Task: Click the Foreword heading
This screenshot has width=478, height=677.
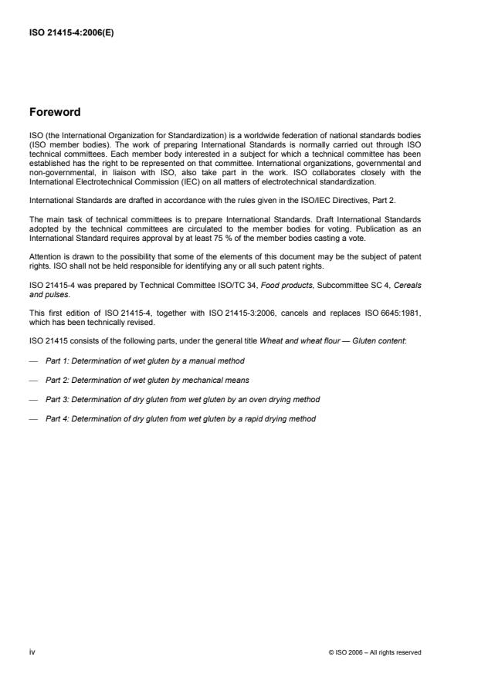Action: coord(55,112)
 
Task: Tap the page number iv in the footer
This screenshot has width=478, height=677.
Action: coord(32,652)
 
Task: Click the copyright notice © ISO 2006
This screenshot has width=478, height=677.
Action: coord(375,652)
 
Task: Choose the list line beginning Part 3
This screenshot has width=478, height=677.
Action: coord(182,400)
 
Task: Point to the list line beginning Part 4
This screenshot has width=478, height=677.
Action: coord(180,419)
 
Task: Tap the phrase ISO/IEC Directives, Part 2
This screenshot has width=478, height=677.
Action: coord(335,200)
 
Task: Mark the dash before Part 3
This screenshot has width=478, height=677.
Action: coord(33,400)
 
